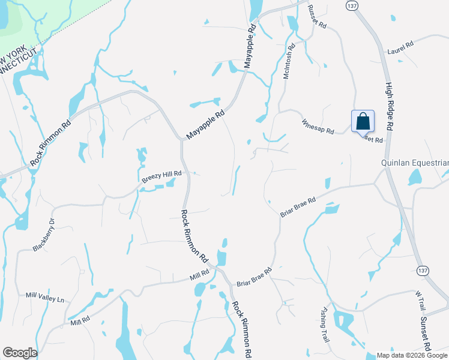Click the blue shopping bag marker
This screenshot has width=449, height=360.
pyautogui.click(x=363, y=121)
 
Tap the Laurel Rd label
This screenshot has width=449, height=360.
pyautogui.click(x=401, y=45)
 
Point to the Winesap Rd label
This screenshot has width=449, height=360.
pyautogui.click(x=318, y=127)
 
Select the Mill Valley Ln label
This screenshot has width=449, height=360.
pyautogui.click(x=44, y=297)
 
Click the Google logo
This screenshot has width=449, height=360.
pyautogui.click(x=20, y=353)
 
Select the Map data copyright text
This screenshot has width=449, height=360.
pyautogui.click(x=412, y=355)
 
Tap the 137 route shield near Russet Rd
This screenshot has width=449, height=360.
pyautogui.click(x=352, y=5)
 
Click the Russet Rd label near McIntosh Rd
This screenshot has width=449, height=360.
pyautogui.click(x=316, y=18)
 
